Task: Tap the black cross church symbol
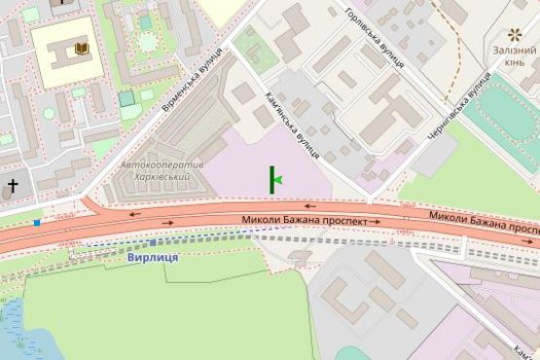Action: (14, 183)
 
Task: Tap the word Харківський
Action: (162, 179)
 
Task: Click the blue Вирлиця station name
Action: (153, 258)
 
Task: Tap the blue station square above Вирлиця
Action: (153, 242)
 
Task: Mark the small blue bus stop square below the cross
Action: (37, 223)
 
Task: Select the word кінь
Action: (515, 64)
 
